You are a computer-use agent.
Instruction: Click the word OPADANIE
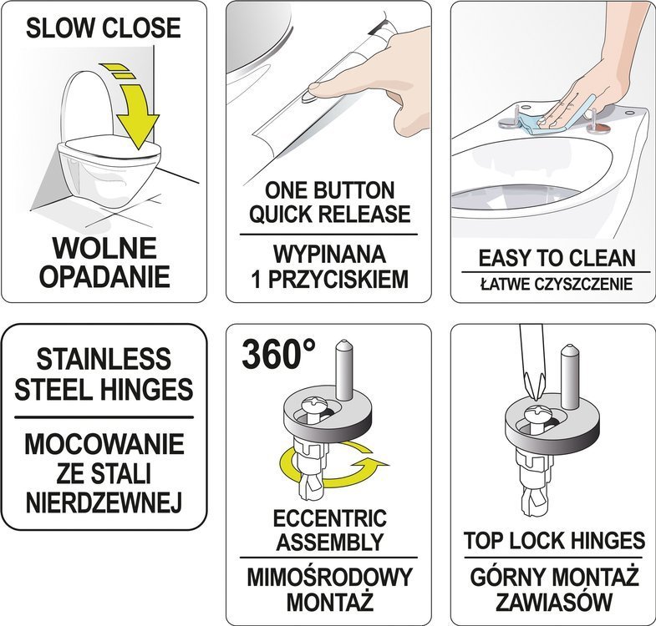pyautogui.click(x=104, y=276)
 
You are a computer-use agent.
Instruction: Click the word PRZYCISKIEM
pyautogui.click(x=338, y=280)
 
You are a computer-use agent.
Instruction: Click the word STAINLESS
pyautogui.click(x=104, y=359)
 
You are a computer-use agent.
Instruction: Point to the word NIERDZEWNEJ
pyautogui.click(x=104, y=502)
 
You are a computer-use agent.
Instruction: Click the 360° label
pyautogui.click(x=278, y=354)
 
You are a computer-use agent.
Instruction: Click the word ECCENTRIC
pyautogui.click(x=330, y=518)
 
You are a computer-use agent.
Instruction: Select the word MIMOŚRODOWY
pyautogui.click(x=330, y=578)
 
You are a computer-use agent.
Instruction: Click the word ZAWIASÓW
pyautogui.click(x=554, y=602)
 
